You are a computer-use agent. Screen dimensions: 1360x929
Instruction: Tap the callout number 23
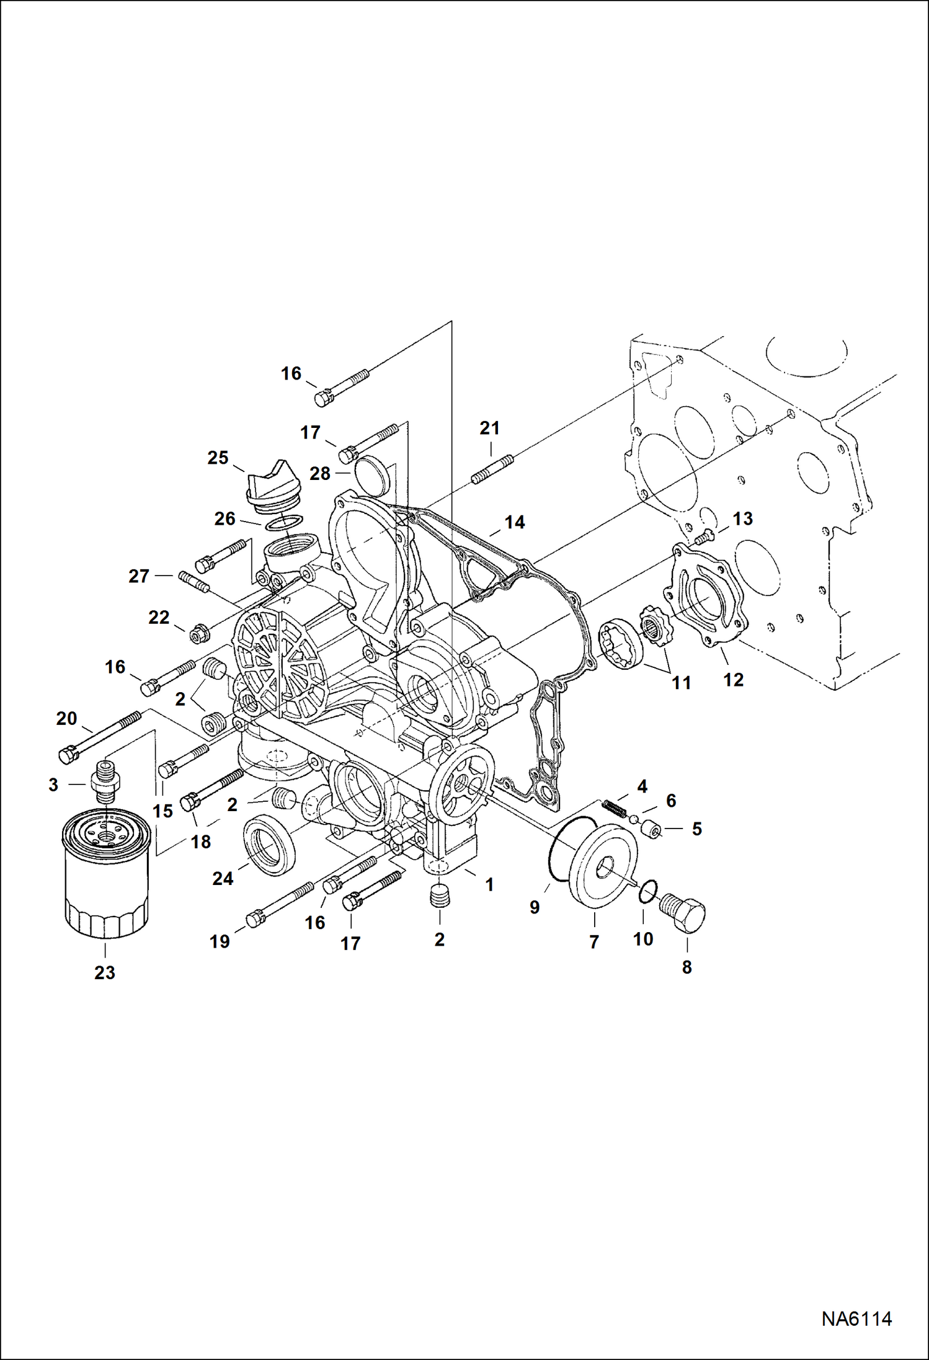[x=105, y=972]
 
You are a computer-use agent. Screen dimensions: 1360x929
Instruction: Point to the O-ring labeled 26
[x=284, y=523]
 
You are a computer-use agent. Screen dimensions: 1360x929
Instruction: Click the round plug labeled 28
[x=371, y=474]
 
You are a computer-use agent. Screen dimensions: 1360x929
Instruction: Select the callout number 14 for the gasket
[x=515, y=522]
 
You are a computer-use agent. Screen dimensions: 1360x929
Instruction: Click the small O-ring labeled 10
[x=646, y=891]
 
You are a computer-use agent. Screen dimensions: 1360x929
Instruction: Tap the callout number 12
[x=733, y=680]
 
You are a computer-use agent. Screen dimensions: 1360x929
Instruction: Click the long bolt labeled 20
[x=99, y=736]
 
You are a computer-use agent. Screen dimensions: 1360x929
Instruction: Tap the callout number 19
[x=220, y=941]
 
